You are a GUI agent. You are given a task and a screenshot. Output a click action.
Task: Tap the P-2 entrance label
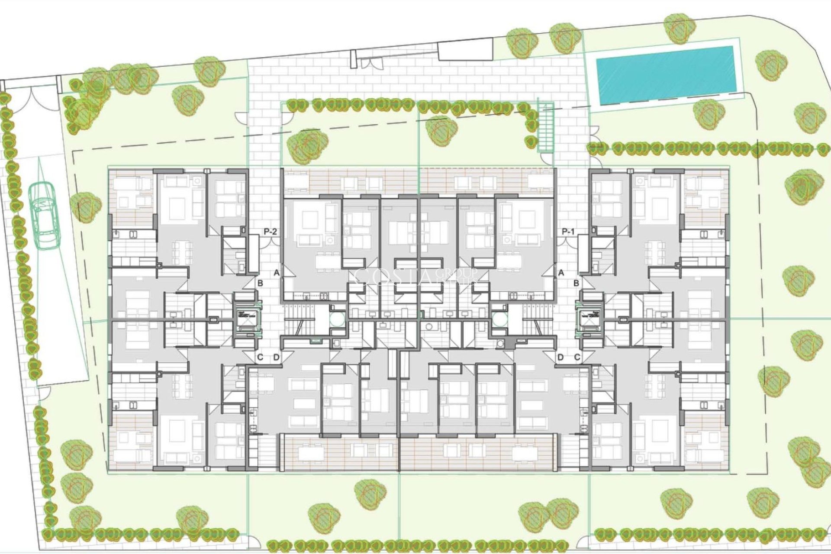coord(270,232)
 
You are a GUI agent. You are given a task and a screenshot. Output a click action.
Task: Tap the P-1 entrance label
coord(568,232)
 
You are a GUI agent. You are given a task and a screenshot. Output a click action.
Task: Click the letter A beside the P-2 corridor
coord(277,273)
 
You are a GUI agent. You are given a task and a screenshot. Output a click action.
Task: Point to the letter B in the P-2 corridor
coord(260,283)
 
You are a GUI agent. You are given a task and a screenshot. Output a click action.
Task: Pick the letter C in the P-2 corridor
coord(260,358)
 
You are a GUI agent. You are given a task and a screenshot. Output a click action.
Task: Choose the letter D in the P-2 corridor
coord(277,358)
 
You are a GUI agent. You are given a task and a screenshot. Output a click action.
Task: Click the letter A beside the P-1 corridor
coord(561,273)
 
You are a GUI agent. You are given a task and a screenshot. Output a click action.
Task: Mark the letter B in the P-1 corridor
coord(577,283)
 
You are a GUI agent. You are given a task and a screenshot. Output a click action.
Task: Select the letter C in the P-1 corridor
coord(577,358)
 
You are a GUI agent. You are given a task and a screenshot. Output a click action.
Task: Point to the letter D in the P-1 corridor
coord(560,358)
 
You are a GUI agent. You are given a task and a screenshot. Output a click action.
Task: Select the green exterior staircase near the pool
coord(546,128)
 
